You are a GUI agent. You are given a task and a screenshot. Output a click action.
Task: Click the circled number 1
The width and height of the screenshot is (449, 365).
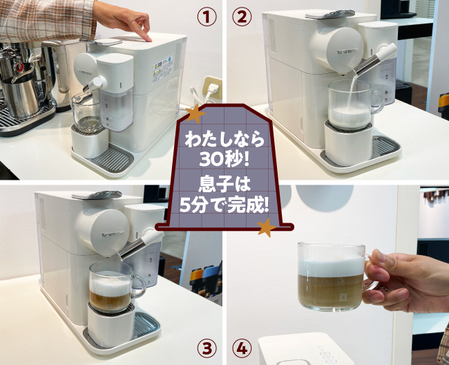coord(207,17)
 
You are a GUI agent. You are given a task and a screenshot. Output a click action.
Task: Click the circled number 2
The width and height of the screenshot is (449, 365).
coord(242,17)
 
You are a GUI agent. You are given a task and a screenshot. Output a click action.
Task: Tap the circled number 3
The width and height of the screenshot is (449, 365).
coord(207,348)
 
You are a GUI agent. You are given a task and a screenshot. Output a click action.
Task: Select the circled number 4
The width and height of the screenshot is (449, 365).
coord(242,348)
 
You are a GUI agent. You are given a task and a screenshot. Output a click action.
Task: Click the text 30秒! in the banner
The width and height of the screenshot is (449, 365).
coord(224,159)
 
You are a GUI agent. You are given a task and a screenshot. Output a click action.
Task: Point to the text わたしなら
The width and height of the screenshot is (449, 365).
coord(224,140)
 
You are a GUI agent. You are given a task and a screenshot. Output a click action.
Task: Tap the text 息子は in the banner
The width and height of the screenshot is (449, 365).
coord(224,184)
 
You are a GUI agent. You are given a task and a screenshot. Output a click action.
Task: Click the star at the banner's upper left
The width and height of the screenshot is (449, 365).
coord(195,114)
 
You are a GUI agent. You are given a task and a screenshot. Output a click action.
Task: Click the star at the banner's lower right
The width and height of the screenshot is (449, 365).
coord(267,227)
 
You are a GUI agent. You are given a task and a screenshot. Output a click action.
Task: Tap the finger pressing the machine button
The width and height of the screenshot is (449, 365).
coord(144,32)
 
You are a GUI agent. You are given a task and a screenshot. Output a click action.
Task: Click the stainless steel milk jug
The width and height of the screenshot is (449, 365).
coord(22,94)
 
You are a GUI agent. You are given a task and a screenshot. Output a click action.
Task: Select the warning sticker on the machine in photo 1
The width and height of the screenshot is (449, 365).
coord(162,68)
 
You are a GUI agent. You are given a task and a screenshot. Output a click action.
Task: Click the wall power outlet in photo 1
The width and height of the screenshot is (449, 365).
coord(212,88)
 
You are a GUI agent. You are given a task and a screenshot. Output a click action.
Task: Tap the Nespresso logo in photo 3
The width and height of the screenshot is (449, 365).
coord(113,235)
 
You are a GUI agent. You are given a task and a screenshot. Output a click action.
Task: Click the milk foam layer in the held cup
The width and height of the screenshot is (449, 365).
coord(331,265)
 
